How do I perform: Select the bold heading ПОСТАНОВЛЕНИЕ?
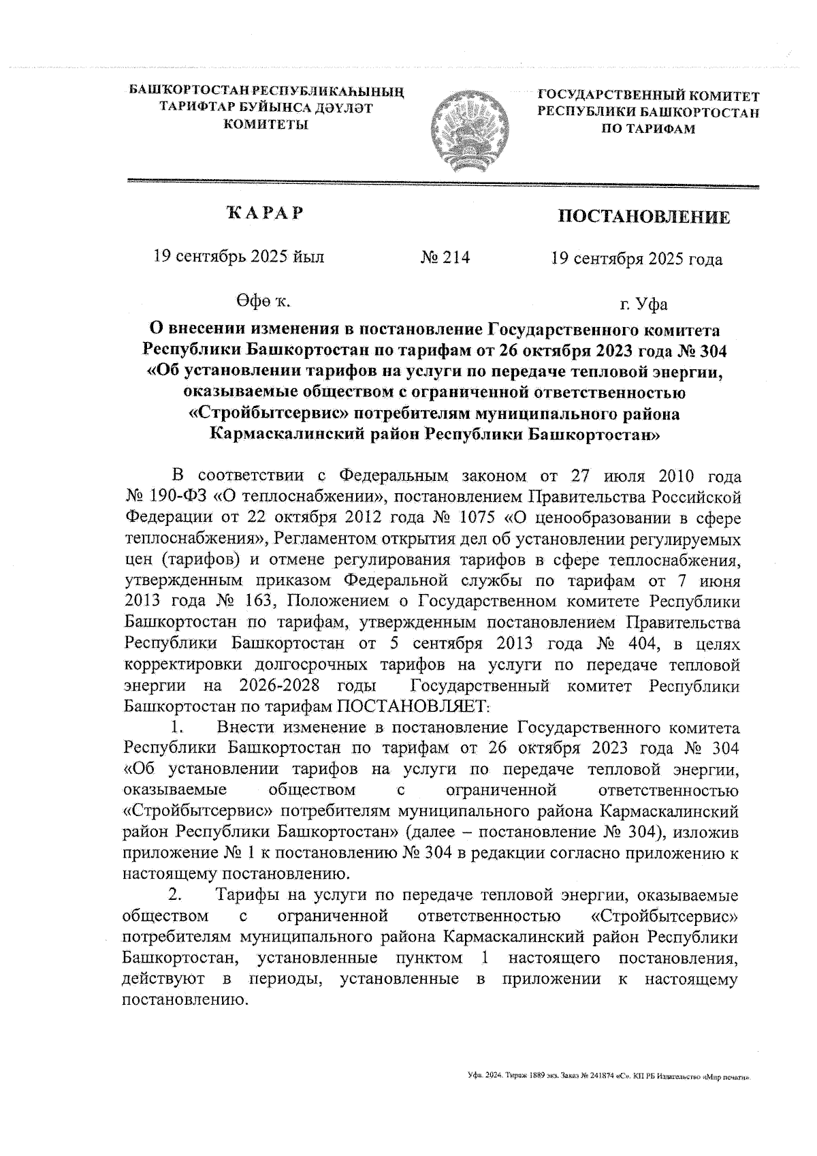click(x=644, y=217)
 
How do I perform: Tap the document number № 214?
click(x=445, y=258)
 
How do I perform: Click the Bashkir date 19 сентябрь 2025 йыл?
click(x=239, y=257)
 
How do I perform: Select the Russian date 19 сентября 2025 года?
click(x=637, y=259)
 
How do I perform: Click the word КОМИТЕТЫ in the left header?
click(x=266, y=124)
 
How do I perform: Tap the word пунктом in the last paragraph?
click(x=427, y=958)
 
